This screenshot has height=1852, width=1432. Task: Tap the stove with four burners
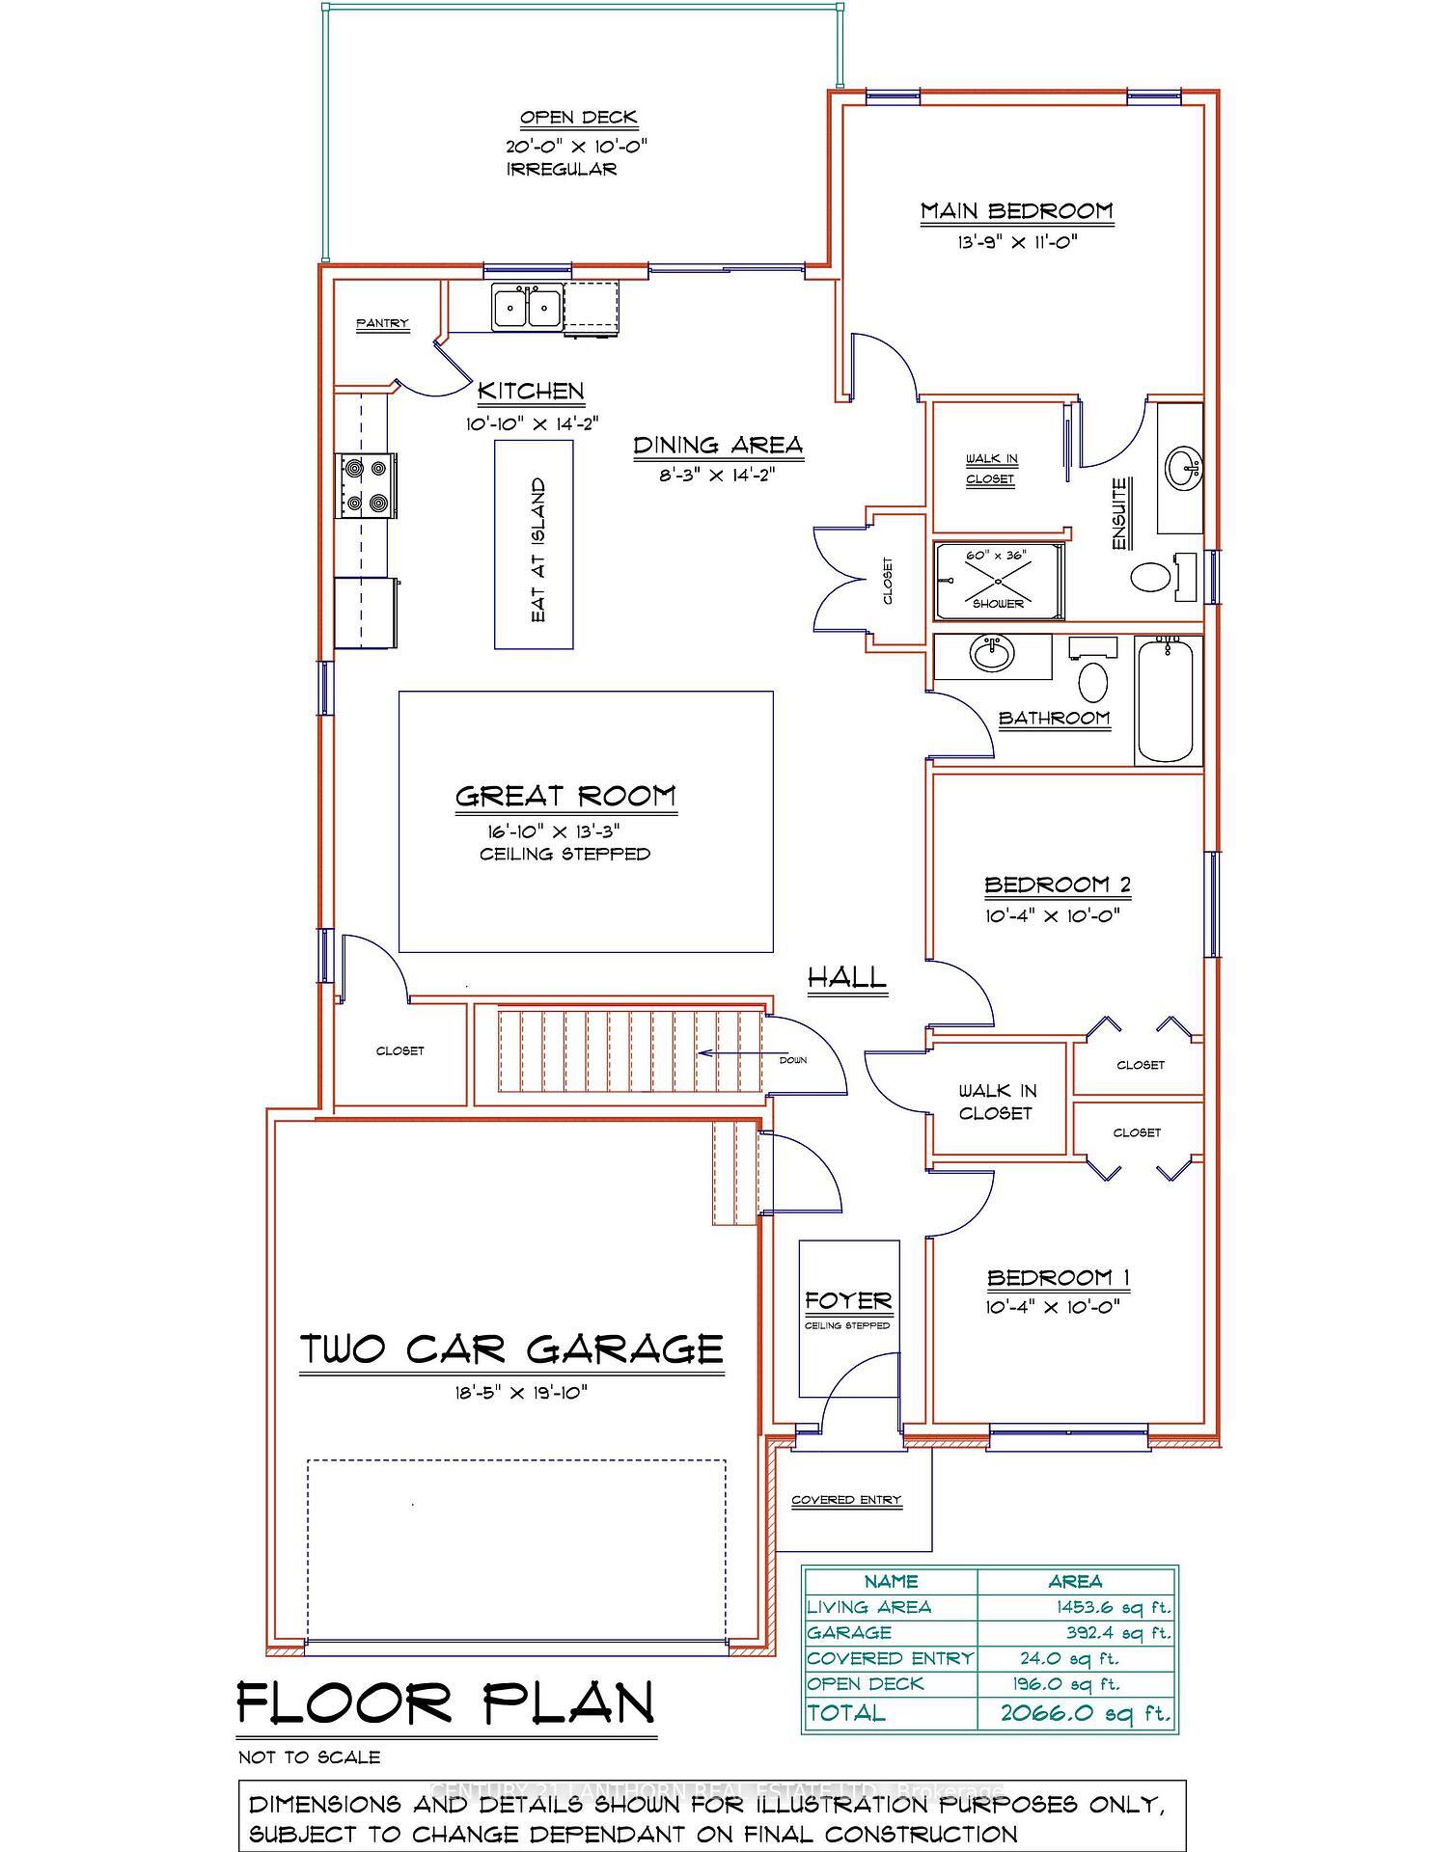click(365, 485)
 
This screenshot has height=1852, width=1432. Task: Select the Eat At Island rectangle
click(535, 545)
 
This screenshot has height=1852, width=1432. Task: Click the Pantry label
click(382, 324)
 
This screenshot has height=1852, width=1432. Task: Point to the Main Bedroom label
click(1016, 211)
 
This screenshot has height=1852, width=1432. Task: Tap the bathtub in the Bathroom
click(1167, 700)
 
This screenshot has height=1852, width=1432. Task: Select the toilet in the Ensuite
click(1150, 578)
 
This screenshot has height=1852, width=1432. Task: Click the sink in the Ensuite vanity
click(1181, 468)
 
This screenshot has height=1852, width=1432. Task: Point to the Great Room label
click(565, 797)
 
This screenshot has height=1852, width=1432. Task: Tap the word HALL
click(846, 977)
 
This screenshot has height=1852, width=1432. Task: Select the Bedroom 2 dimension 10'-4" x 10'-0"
click(1052, 915)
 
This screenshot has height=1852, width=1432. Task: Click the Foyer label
click(848, 1301)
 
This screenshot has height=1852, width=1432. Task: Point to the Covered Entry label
click(846, 1500)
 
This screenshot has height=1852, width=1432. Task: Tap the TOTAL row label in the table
click(845, 1713)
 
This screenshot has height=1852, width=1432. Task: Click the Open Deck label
click(579, 118)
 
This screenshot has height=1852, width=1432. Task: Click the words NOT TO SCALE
click(310, 1757)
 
